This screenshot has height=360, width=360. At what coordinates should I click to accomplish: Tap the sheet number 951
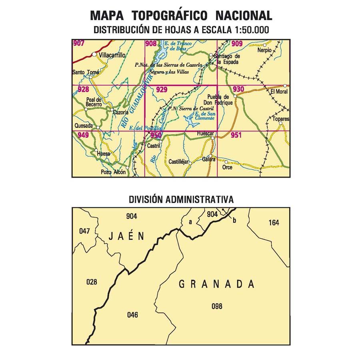pos(236,135)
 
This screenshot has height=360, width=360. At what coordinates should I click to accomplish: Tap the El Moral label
pos(279,92)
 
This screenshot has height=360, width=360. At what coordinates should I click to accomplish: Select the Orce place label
pos(227,167)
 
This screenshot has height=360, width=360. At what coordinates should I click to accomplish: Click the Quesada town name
pos(83,126)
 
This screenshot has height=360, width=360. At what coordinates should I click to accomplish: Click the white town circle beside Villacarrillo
pos(94,54)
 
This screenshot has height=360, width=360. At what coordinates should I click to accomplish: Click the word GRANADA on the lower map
pos(216,284)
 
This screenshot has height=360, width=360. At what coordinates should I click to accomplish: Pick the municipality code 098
pos(217,306)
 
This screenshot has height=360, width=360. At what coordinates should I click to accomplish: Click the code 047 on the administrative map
pos(84,231)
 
